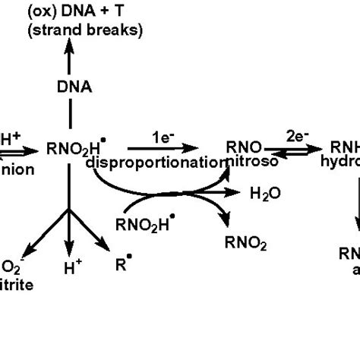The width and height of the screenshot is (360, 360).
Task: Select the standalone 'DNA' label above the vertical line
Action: pyautogui.click(x=69, y=87)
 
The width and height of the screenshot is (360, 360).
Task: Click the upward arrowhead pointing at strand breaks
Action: pyautogui.click(x=69, y=47)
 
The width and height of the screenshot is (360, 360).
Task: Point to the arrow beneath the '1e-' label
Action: pyautogui.click(x=162, y=149)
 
